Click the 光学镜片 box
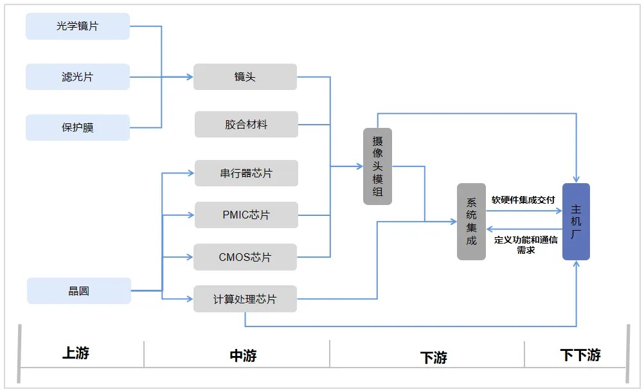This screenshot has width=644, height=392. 78,26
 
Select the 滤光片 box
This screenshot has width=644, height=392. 78,76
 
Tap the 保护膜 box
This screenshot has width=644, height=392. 78,128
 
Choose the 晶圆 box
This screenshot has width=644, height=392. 79,290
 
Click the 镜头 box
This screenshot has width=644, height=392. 246,76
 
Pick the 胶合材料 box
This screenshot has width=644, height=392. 246,125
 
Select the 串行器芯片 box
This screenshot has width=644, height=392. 246,174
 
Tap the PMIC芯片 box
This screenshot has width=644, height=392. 246,215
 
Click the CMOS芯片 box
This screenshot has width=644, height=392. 246,257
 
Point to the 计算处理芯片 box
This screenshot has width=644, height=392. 246,299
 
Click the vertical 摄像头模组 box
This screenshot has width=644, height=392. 377,166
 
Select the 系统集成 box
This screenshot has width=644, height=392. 472,222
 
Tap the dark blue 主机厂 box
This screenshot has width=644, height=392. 577,222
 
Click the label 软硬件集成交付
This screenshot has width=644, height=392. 523,200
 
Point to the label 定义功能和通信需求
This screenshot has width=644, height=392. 526,245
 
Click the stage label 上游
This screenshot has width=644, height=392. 76,353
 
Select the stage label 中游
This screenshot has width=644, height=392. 243,355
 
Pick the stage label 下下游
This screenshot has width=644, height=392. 580,355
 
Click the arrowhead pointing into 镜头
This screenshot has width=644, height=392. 190,76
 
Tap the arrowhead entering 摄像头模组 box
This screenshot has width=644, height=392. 360,166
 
